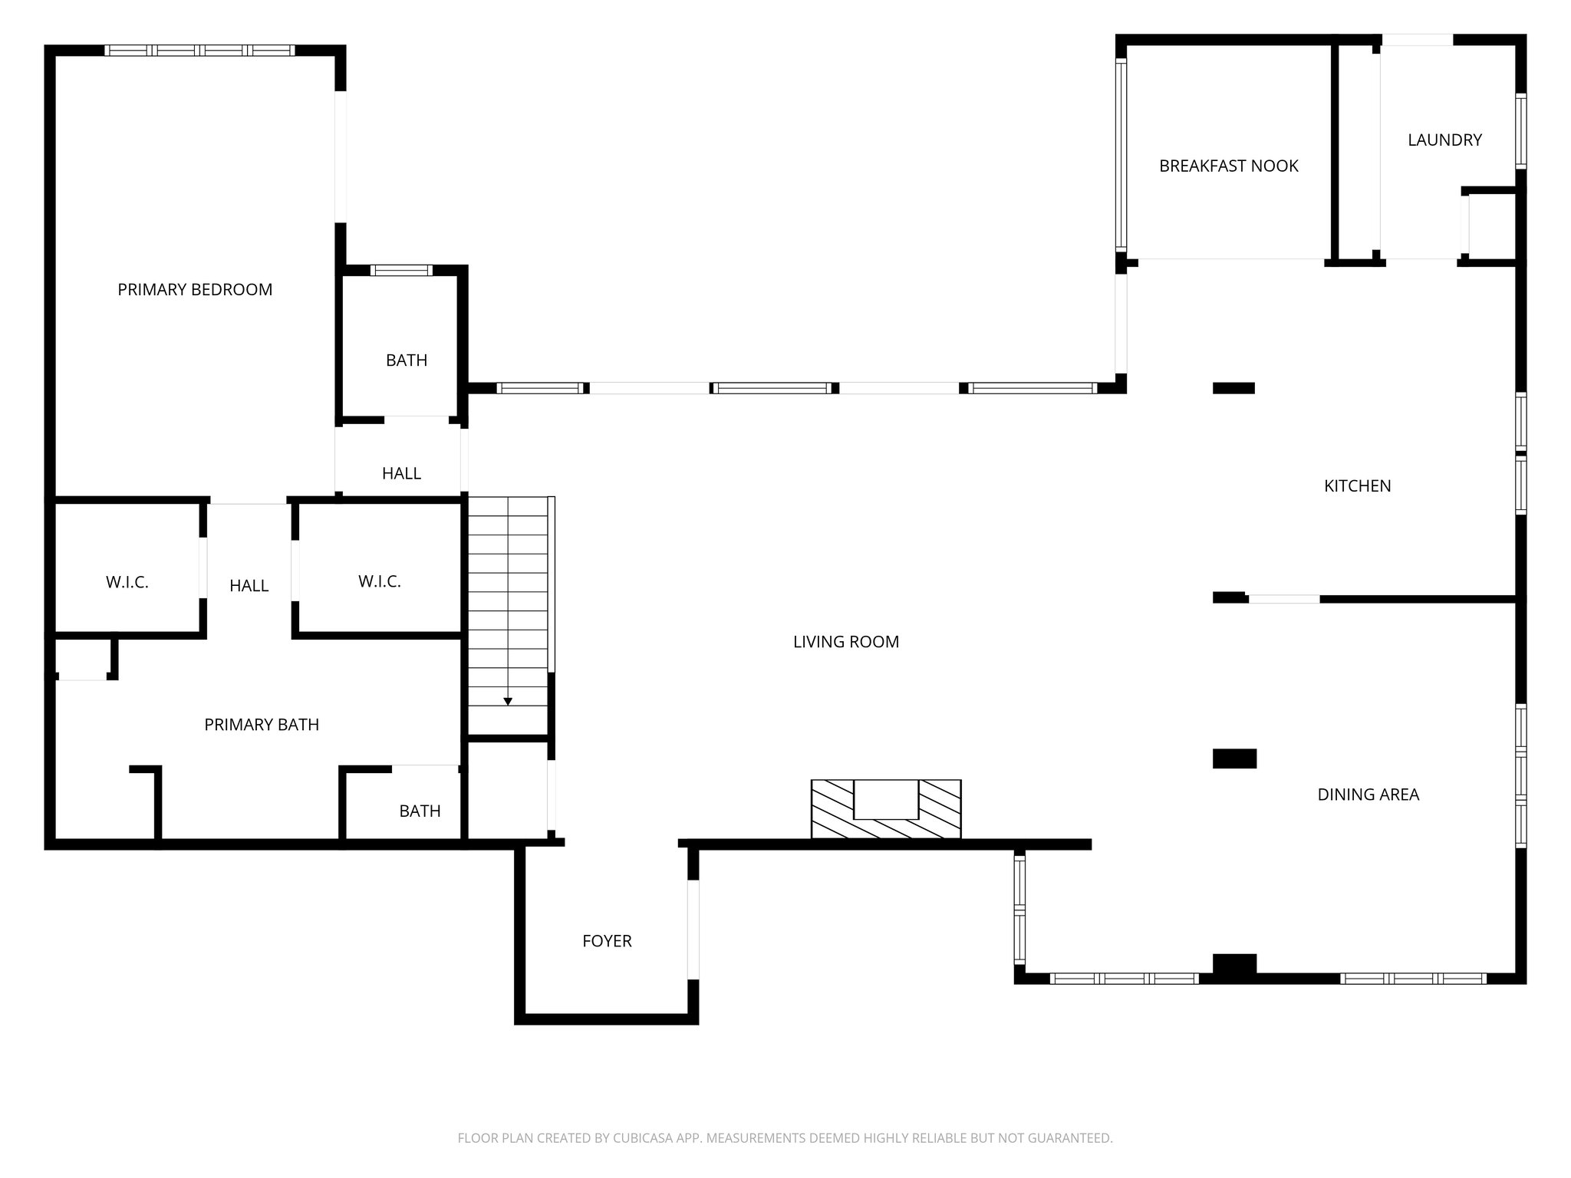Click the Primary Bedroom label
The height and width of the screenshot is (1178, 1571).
(195, 289)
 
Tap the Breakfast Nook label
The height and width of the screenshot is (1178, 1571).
(1228, 166)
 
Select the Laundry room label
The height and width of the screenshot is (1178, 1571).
(1444, 140)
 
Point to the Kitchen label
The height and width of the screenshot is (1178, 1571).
(1357, 485)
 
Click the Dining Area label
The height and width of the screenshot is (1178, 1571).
(1368, 795)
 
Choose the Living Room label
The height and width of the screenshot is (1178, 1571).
(845, 642)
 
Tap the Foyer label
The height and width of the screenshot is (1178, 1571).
(607, 941)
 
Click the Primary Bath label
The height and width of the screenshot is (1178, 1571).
(262, 725)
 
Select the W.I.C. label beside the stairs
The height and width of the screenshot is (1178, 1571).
(379, 581)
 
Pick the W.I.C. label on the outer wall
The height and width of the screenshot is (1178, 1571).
(127, 582)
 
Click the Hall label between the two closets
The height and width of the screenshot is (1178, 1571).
(249, 586)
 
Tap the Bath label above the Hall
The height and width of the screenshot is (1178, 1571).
(407, 360)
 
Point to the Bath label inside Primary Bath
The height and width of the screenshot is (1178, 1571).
(420, 811)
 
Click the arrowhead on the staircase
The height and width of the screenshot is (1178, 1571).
(508, 701)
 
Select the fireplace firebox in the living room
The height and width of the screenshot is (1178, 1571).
(886, 799)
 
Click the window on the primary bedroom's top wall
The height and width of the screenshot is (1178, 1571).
(199, 51)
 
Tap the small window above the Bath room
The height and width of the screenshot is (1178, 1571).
(401, 270)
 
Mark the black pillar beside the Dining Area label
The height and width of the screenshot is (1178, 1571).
(1234, 758)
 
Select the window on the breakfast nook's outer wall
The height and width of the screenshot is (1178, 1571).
(1121, 156)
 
